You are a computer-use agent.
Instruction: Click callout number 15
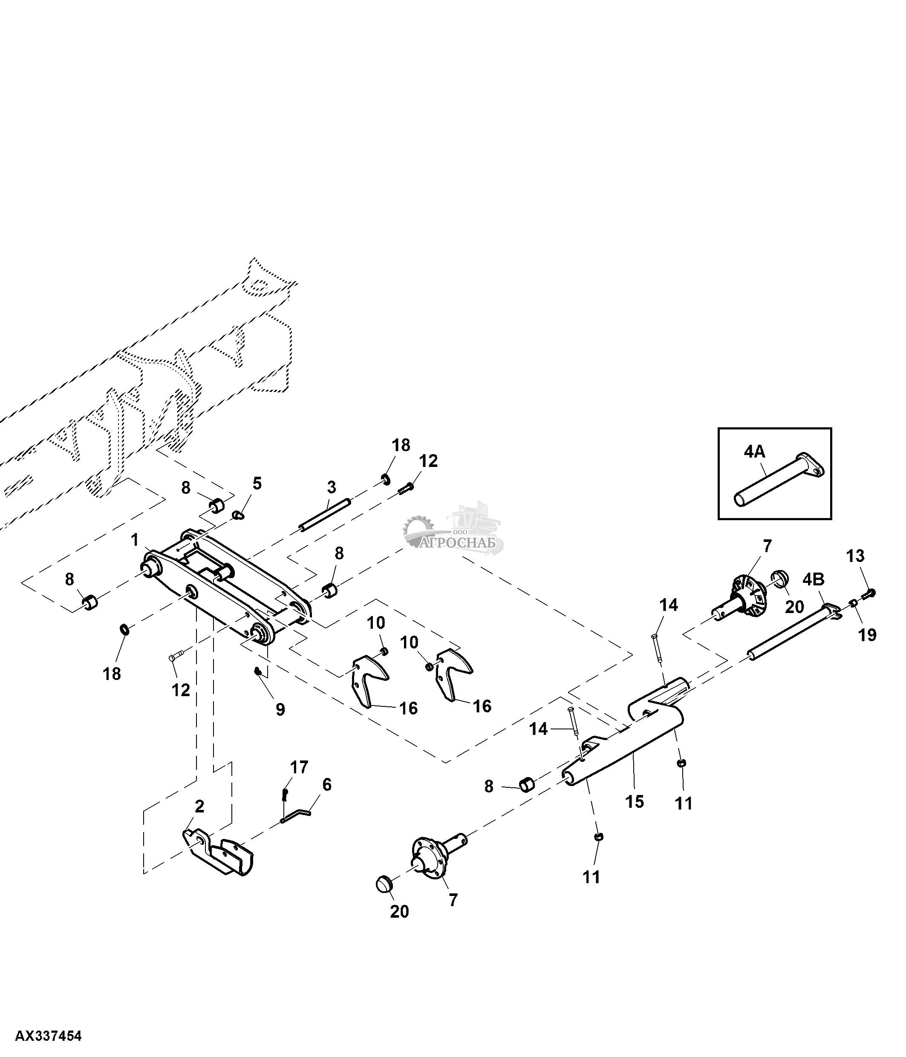(635, 801)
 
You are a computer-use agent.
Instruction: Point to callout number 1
(135, 540)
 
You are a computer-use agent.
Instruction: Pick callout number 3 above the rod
(332, 487)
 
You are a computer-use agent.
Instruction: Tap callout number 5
(257, 483)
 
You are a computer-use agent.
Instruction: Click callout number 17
(300, 767)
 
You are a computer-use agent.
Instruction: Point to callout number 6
(327, 785)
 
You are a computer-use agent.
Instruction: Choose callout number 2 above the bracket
(199, 806)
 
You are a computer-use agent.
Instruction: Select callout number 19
(868, 635)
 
